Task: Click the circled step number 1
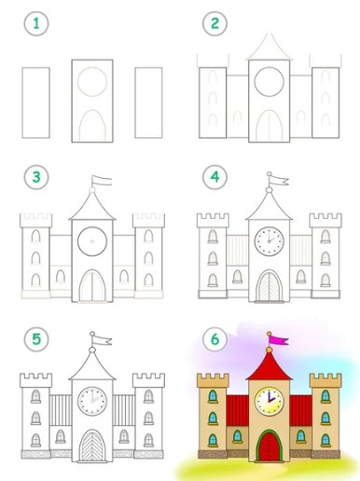(36, 23)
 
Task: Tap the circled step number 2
(215, 23)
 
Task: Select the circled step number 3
(36, 177)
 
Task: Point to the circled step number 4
(215, 177)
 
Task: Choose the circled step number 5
(36, 338)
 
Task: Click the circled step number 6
(215, 338)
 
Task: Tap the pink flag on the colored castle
(279, 340)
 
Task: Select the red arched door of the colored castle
(270, 447)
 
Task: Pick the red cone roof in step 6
(270, 368)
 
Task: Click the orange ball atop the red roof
(270, 350)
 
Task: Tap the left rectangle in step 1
(35, 103)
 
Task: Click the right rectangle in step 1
(148, 103)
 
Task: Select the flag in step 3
(102, 181)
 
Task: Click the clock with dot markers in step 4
(270, 241)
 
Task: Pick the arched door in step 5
(92, 446)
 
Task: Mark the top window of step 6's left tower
(213, 396)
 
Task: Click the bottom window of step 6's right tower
(325, 440)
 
